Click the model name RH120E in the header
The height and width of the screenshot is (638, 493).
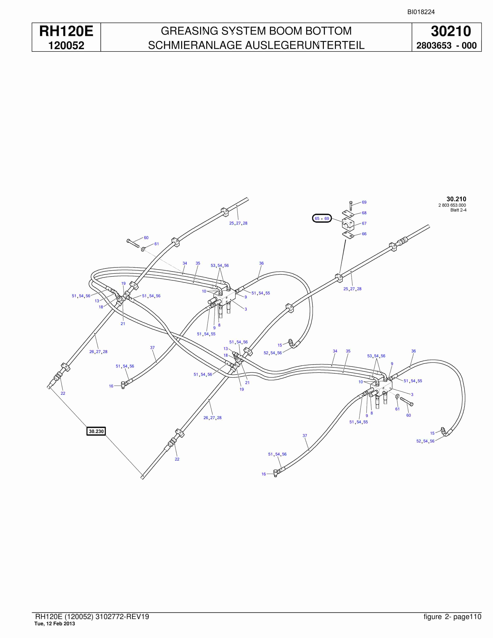coord(66,31)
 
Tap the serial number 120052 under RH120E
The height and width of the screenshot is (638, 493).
coord(66,45)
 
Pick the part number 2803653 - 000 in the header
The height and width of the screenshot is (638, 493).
coord(446,46)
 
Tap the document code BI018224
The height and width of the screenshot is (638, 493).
coord(421,12)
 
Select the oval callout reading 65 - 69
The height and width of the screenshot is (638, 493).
coord(322,218)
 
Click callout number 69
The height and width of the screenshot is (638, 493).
coord(364,202)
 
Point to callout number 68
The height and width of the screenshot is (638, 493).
coord(364,213)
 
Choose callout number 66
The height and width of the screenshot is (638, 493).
coord(364,234)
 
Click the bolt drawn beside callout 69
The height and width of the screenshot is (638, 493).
coord(351,205)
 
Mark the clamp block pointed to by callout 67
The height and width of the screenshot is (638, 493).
coord(348,224)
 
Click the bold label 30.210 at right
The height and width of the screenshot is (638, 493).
coord(456,199)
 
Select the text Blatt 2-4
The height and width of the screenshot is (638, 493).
coord(458,210)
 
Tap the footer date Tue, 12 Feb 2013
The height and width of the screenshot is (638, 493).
coord(55,624)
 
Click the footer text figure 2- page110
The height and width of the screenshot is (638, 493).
coord(452,617)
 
